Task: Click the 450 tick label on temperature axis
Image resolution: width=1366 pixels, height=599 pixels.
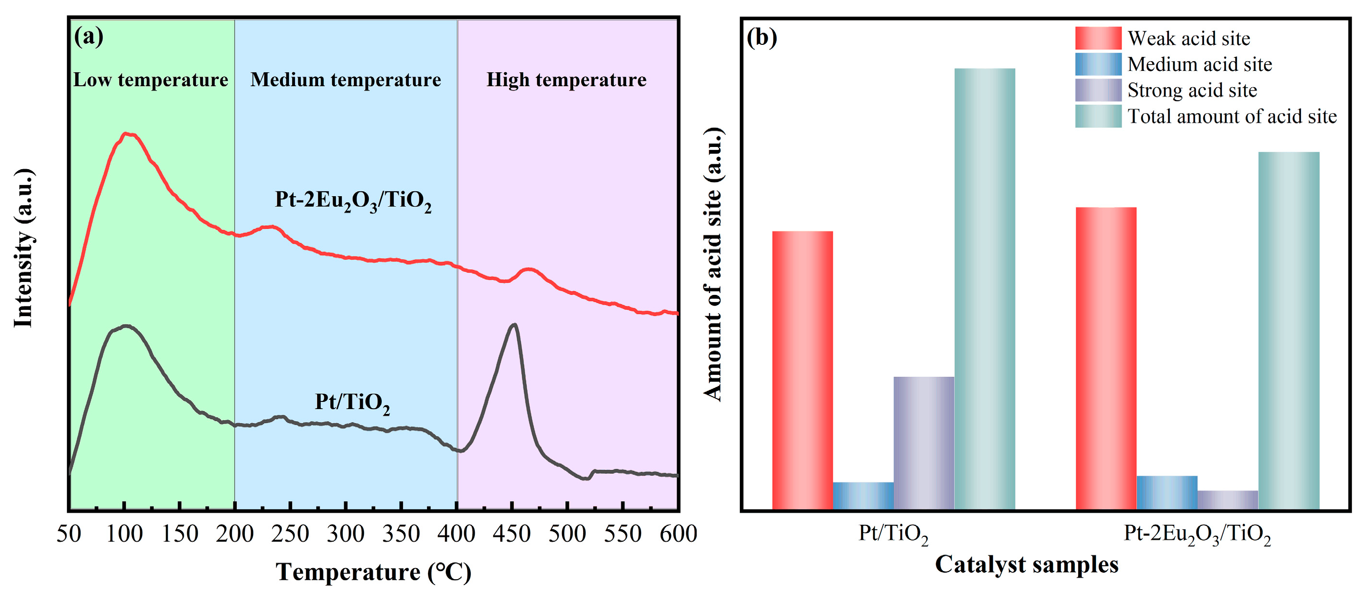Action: point(511,533)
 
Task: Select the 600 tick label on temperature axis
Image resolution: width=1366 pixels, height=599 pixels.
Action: point(678,533)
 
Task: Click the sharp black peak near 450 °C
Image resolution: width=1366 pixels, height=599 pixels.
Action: point(513,325)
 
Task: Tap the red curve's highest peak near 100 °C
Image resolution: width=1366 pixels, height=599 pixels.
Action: point(126,134)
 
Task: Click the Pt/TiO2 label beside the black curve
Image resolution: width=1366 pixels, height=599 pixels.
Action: point(352,402)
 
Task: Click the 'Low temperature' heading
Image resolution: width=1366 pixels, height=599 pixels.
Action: point(150,80)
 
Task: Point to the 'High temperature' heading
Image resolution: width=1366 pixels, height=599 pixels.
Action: point(566,80)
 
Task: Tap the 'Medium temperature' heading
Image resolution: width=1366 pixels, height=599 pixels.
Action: point(345,80)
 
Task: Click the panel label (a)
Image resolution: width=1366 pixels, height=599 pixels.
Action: point(89,37)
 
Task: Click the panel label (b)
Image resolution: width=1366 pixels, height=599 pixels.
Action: point(762,38)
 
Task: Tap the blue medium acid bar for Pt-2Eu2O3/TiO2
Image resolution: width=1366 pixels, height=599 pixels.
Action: point(1166,493)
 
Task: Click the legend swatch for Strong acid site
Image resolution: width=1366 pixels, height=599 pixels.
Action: point(1098,90)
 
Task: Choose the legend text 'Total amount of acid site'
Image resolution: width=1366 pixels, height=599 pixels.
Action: point(1232,117)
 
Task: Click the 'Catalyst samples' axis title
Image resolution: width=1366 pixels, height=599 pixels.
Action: point(1026,565)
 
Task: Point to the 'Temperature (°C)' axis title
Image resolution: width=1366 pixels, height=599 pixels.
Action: point(374,572)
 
